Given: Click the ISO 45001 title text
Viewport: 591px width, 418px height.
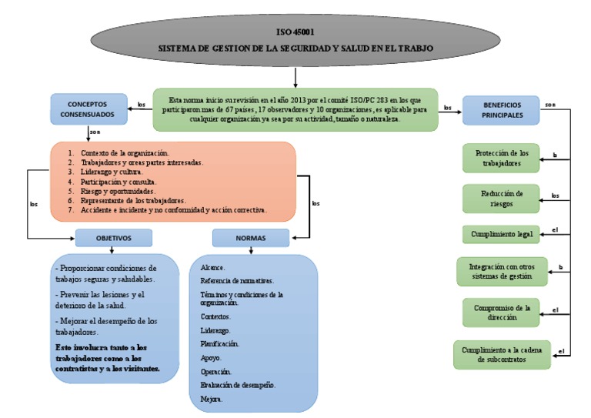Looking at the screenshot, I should tap(295, 32).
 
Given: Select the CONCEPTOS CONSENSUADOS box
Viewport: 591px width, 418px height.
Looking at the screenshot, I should tap(88, 109).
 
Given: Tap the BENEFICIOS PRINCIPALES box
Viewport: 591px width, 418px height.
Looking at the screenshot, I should tap(502, 109).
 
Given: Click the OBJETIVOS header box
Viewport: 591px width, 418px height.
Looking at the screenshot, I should tap(114, 238).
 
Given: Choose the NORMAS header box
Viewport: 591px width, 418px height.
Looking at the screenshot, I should tap(250, 238).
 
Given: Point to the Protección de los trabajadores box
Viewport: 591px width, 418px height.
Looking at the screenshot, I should tap(502, 158).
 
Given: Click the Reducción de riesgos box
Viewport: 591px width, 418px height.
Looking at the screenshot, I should tap(502, 198).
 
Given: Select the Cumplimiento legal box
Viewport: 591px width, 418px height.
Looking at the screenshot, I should tap(502, 233).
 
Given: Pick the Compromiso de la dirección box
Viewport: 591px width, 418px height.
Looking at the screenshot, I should tap(502, 312).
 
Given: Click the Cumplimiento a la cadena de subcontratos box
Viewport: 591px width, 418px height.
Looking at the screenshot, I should tap(502, 353).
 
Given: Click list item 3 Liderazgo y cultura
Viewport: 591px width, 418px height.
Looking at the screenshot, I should tap(119, 172).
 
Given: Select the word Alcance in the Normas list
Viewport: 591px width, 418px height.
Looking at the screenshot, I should tap(213, 267).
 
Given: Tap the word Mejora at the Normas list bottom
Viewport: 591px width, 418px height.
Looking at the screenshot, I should tap(212, 400).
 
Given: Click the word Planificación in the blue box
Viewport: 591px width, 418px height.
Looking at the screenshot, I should tap(219, 343).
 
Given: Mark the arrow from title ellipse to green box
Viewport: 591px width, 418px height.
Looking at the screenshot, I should tap(295, 77).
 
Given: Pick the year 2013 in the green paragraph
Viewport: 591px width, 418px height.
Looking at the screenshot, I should tap(288, 100).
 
